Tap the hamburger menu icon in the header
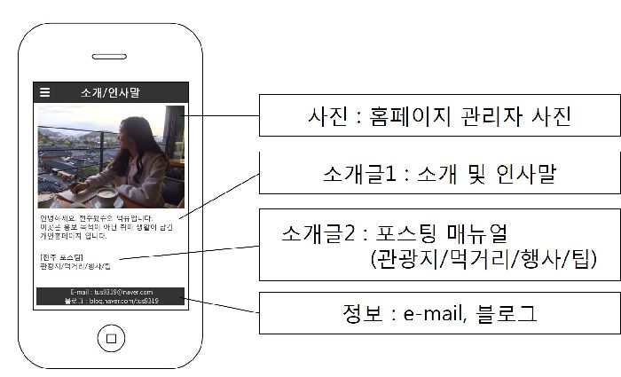[x=45, y=92]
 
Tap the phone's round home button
[x=110, y=338]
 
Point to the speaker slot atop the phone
[x=110, y=57]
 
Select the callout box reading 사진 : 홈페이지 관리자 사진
[x=438, y=115]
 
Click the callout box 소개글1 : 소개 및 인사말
[x=438, y=174]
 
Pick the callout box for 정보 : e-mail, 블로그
[x=438, y=312]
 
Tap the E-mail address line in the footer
[x=111, y=292]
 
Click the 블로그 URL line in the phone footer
[x=111, y=301]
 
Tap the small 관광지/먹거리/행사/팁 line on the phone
[x=75, y=266]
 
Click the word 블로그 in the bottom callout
[x=505, y=312]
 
